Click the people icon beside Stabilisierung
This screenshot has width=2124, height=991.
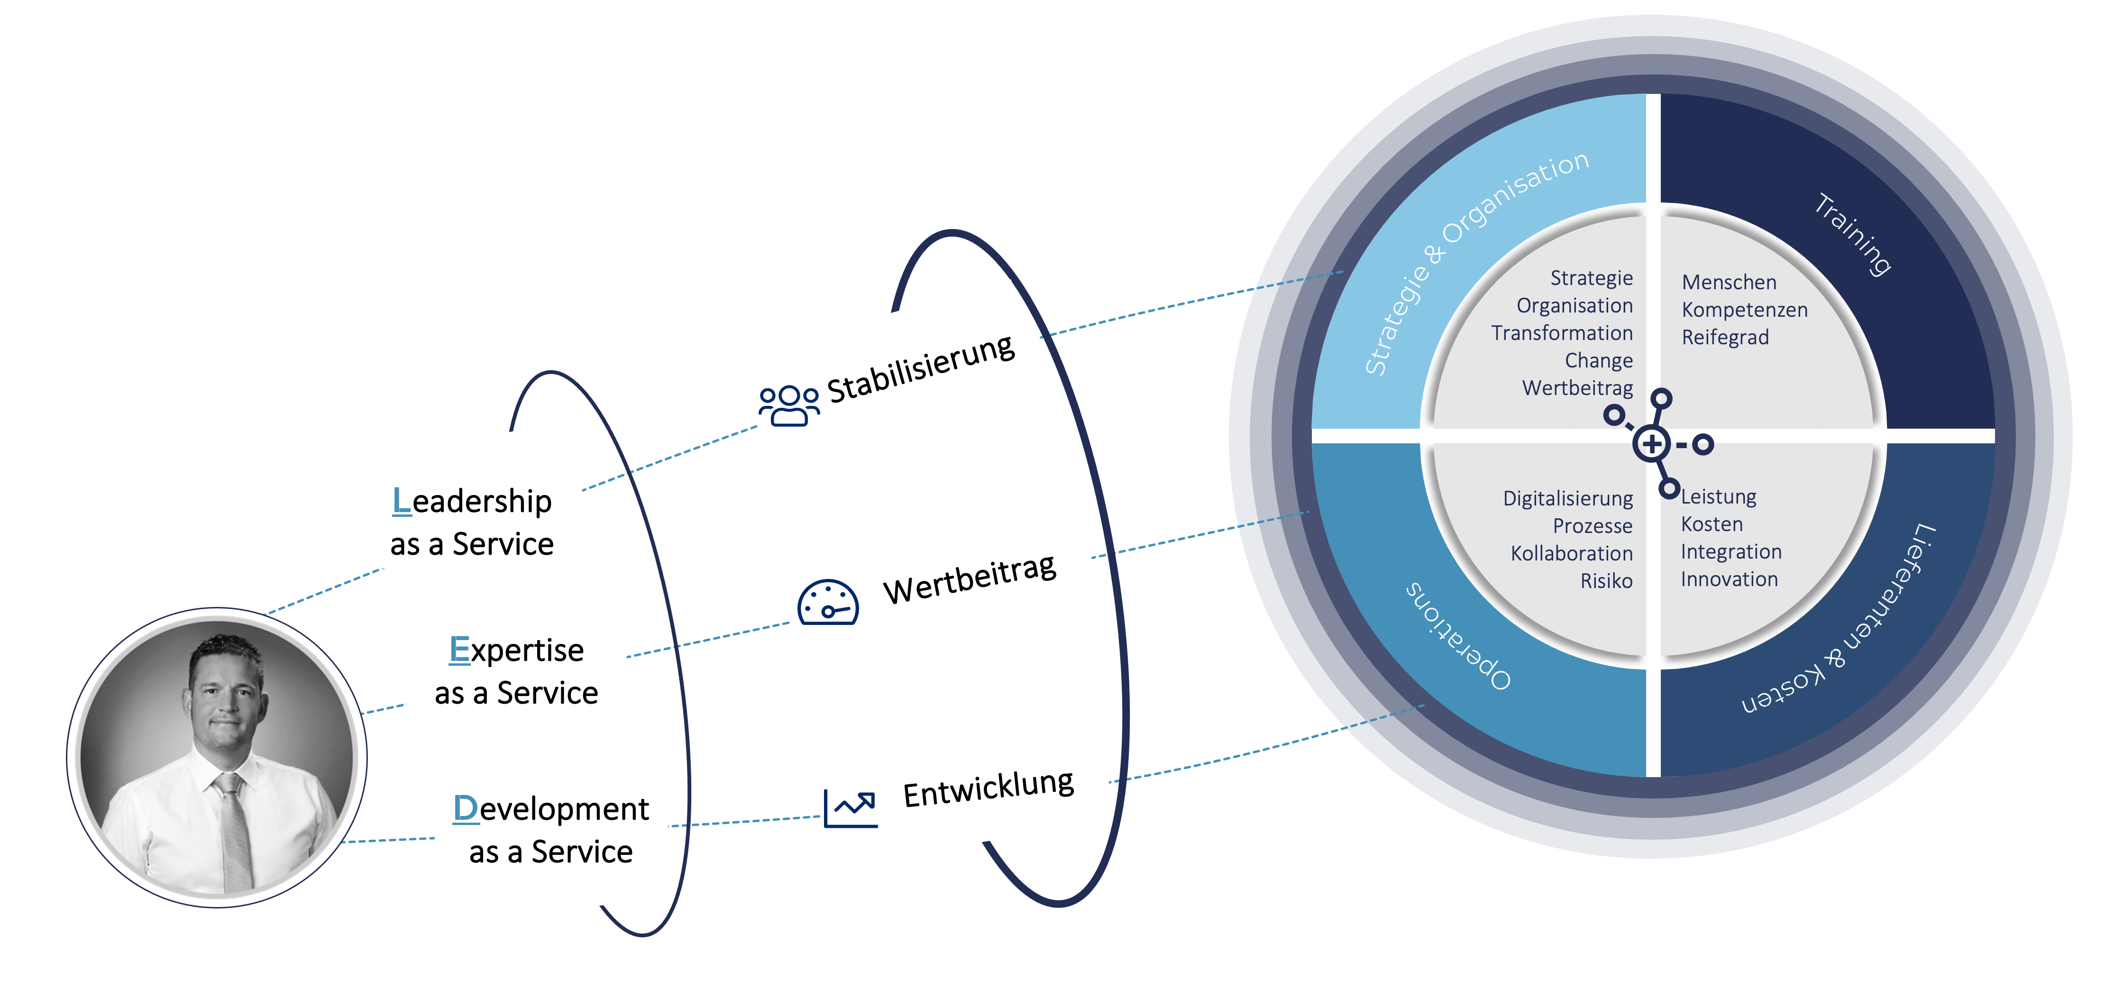[x=789, y=405]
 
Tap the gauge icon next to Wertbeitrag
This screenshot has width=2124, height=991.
[x=828, y=603]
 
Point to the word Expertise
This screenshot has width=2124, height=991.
[x=517, y=651]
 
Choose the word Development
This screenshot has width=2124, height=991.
[x=551, y=809]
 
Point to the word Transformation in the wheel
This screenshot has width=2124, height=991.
[x=1562, y=333]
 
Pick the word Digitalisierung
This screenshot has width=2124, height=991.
[x=1567, y=499]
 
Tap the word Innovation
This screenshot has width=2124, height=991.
[x=1729, y=579]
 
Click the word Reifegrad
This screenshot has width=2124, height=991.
[x=1725, y=337]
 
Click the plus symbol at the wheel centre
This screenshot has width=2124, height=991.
[x=1651, y=444]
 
